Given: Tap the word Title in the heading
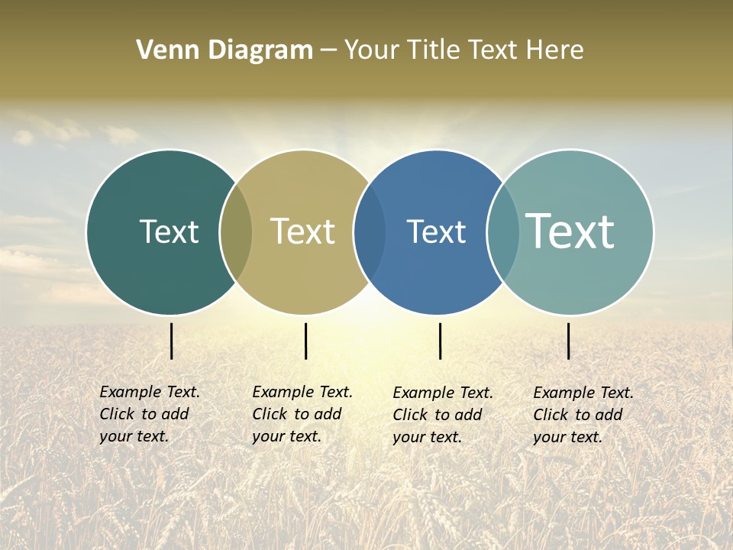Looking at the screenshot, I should tap(436, 50).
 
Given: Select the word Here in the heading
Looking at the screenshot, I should tap(554, 50).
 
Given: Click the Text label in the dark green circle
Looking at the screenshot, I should tap(169, 231).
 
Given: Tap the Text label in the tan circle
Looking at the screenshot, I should tap(302, 231).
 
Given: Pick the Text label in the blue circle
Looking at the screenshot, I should tap(436, 231).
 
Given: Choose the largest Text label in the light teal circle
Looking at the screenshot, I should tap(570, 231).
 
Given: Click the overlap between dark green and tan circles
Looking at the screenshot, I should tap(236, 231).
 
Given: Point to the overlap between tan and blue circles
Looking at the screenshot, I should tap(370, 231).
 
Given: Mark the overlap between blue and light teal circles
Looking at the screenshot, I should tap(503, 231).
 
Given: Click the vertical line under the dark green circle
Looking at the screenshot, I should tap(171, 341).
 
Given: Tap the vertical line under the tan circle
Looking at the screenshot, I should tap(305, 341).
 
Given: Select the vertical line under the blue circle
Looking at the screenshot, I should tap(440, 341).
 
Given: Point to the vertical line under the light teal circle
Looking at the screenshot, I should tap(568, 341).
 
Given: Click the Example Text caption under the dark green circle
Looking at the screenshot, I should tap(150, 392).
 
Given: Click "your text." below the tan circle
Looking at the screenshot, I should tap(286, 436).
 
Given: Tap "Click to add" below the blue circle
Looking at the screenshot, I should tap(438, 415).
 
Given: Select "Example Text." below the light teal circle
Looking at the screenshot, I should tap(583, 393).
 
